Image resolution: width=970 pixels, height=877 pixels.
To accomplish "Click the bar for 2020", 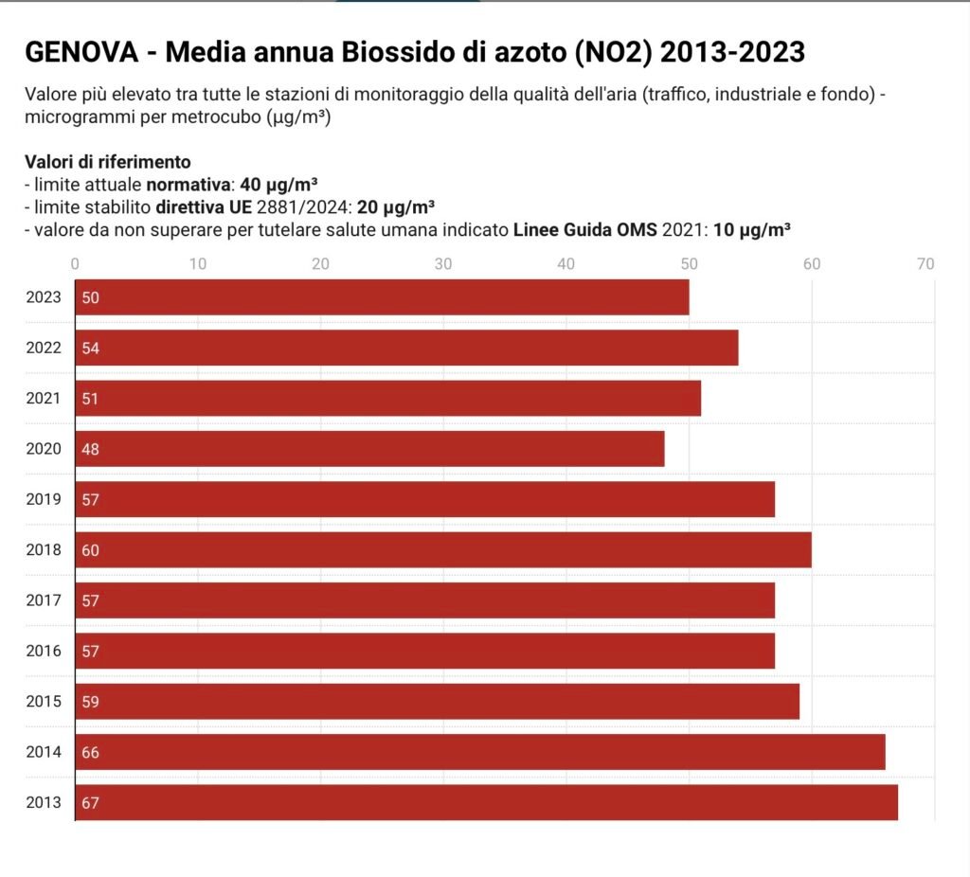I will click(x=369, y=449).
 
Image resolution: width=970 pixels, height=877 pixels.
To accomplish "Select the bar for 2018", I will click(x=443, y=549).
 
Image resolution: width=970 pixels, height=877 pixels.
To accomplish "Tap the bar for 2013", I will click(x=486, y=803).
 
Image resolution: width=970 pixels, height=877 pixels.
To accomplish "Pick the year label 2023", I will click(x=44, y=297).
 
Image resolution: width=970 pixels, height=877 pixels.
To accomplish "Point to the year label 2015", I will click(x=44, y=702).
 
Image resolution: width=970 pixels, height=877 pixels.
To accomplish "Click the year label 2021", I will click(x=44, y=398).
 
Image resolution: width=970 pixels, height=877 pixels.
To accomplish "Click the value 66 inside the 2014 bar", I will click(x=91, y=753).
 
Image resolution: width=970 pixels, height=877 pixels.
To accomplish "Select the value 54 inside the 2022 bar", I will click(x=91, y=348).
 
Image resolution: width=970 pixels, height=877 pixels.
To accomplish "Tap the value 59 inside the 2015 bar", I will click(x=91, y=702).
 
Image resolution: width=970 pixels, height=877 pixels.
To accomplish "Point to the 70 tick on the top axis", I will click(x=925, y=263).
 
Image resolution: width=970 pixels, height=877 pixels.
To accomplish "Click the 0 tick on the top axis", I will click(x=76, y=263).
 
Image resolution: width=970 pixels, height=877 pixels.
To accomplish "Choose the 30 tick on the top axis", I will click(x=443, y=263).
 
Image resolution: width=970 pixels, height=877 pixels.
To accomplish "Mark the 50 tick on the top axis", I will click(x=689, y=263).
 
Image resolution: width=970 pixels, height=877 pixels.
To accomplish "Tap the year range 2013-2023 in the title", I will click(x=732, y=52).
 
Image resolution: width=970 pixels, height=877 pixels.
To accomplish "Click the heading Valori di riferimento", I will click(x=108, y=162).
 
